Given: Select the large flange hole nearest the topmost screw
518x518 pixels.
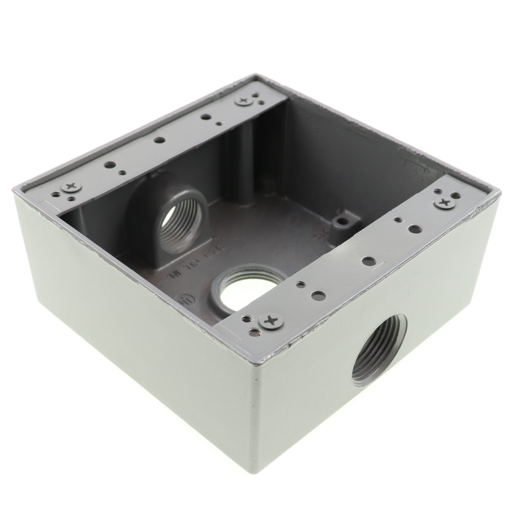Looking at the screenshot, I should click(x=205, y=117).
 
